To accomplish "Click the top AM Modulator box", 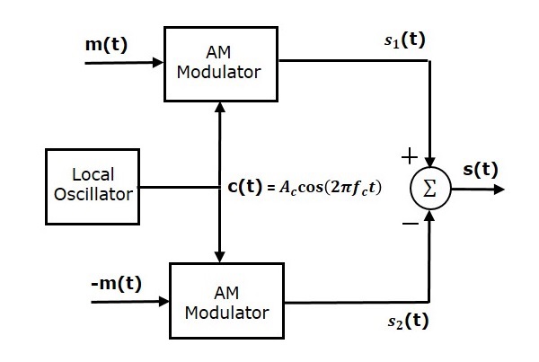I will (219, 63).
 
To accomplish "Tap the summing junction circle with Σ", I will (429, 190).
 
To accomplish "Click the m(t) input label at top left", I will (105, 44).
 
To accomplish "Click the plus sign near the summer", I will (409, 156).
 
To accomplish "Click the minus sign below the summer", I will (409, 225).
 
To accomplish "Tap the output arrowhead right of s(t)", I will (499, 190).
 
